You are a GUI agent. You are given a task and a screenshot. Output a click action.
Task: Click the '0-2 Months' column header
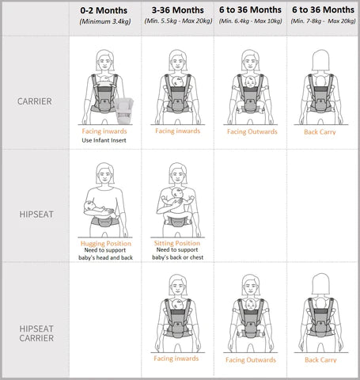[104, 10]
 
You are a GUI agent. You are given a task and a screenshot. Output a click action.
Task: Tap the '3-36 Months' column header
[178, 10]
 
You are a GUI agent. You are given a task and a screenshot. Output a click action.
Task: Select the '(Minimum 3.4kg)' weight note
[105, 21]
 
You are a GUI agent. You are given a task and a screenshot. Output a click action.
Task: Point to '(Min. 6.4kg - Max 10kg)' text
[250, 21]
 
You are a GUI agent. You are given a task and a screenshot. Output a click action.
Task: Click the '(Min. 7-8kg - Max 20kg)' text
[323, 21]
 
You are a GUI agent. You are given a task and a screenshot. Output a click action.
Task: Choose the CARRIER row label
[35, 101]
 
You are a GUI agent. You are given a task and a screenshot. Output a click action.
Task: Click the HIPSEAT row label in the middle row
[36, 215]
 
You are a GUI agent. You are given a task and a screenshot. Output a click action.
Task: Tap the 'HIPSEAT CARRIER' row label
[36, 333]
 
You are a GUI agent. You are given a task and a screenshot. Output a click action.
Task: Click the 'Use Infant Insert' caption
[104, 140]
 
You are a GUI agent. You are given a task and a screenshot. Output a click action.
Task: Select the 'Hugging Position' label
[106, 243]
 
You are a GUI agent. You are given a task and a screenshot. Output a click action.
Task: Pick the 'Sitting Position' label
[177, 243]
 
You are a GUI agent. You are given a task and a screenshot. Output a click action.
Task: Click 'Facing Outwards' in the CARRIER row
[252, 131]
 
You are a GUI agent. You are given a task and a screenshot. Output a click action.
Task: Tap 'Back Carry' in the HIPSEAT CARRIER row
[320, 359]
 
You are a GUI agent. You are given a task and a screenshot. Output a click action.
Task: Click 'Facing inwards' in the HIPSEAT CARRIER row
[176, 359]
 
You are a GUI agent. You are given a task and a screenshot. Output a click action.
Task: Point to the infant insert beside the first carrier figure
[123, 111]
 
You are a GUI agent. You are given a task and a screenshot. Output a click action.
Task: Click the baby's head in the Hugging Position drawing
[89, 205]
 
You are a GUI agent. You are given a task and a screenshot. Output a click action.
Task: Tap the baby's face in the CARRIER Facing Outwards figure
[250, 82]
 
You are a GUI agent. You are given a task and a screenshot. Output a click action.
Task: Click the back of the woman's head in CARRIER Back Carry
[320, 60]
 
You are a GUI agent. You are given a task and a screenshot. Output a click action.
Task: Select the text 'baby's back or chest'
[178, 257]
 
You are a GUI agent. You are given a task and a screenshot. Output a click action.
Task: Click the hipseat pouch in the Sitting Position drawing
[177, 222]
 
